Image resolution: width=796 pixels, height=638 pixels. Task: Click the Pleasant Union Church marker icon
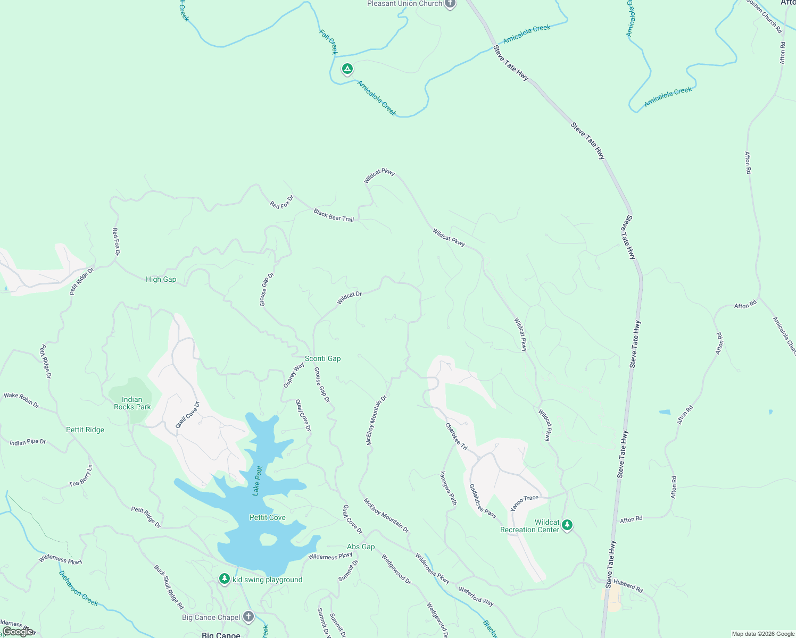coord(450,4)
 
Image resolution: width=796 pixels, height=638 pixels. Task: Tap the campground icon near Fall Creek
coord(347,69)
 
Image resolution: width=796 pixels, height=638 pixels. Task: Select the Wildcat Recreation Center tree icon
coord(567,525)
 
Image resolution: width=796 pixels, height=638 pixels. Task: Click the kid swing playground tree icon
coord(225,579)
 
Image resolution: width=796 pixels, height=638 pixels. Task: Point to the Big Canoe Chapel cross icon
coord(248,617)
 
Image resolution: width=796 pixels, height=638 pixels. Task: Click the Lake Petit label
coord(258,481)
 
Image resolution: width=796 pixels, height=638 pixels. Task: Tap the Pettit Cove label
coord(267,517)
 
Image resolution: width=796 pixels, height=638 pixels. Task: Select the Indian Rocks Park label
coord(132,403)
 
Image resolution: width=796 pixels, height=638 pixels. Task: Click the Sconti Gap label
coord(322,358)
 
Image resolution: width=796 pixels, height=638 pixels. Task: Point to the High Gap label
coord(161,279)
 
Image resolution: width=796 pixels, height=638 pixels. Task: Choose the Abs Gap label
coord(361,547)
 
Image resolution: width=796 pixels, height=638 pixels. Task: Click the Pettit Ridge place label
coord(85,430)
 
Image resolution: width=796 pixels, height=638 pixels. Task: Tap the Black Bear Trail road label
coord(334,215)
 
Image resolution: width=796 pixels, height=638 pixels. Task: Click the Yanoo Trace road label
coord(524,503)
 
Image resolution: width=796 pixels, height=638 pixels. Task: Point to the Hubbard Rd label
coord(628,585)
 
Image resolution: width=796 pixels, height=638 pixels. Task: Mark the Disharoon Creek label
coord(78,588)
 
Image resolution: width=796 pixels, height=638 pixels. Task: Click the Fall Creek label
coord(328,42)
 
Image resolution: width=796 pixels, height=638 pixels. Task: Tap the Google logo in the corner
coord(18,631)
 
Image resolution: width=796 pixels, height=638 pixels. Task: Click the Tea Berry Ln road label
coord(81,476)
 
